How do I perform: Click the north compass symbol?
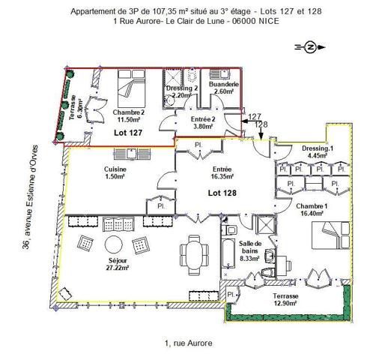(310, 47)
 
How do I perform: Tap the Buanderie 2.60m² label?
(224, 88)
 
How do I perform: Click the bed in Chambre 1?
(330, 235)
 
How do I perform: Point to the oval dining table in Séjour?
(195, 255)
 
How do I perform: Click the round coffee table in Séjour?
(114, 244)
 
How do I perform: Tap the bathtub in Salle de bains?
(228, 253)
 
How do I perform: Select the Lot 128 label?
(222, 193)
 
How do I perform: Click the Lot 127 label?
(128, 133)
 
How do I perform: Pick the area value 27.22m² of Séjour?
(118, 268)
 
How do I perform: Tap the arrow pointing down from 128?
(261, 134)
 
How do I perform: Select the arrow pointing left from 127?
(248, 121)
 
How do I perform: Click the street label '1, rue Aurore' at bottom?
(189, 343)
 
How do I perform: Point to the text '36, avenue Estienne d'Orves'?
(30, 197)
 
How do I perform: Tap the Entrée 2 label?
(203, 119)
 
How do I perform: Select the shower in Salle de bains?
(266, 225)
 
